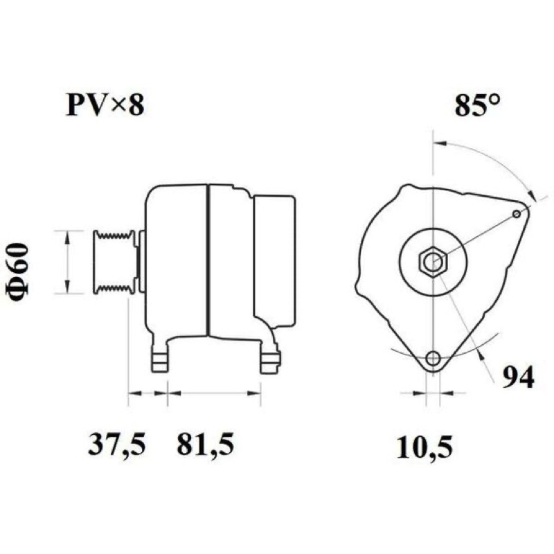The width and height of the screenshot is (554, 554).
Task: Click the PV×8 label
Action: point(105,105)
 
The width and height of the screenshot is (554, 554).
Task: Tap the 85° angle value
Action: point(477,105)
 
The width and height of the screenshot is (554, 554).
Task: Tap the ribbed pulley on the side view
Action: point(114,262)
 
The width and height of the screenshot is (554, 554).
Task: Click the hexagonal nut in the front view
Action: point(434,262)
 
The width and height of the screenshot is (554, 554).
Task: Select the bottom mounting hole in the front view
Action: point(433,359)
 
